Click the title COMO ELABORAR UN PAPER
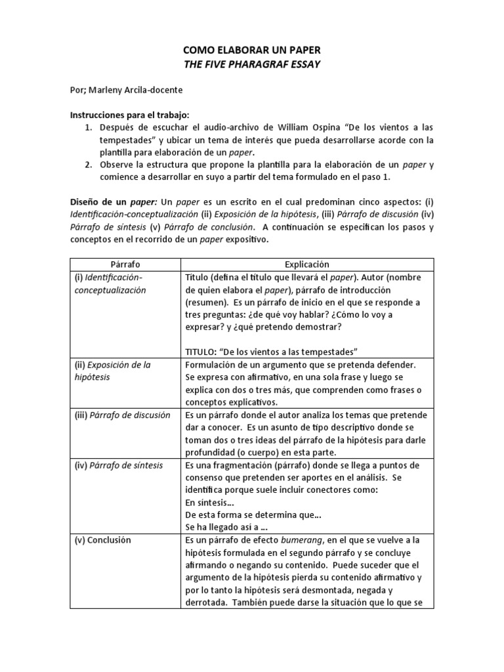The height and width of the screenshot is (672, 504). coord(251,51)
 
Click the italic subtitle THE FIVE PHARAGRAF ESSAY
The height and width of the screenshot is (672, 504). coord(251,64)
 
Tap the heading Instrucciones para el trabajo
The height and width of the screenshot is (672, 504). coord(129,114)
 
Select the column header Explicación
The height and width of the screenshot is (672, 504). coord(306,264)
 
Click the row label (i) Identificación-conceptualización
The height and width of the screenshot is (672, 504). coord(109,283)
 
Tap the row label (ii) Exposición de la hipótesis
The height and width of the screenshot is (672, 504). coord(112,371)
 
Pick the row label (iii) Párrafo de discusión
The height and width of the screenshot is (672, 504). coord(122,415)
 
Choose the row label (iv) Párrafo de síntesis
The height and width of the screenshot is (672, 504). coord(118,465)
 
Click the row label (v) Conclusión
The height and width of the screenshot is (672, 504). coord(103,540)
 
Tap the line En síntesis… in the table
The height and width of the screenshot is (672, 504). coord(209,503)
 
